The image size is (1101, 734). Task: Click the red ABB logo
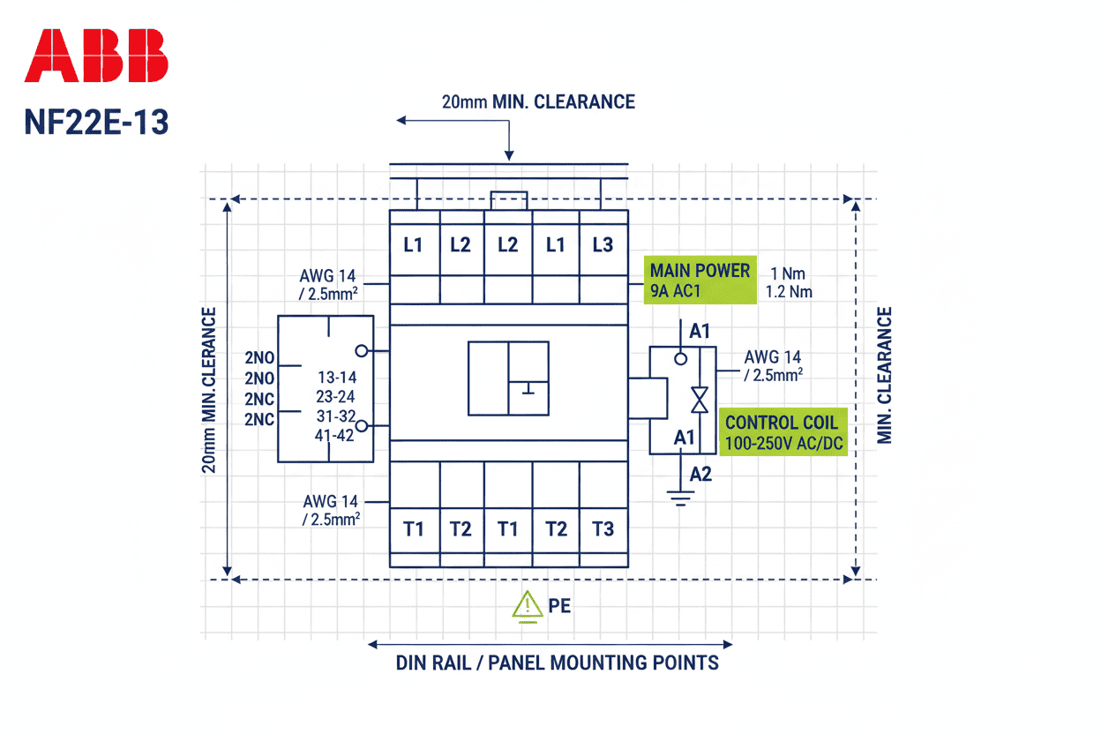pos(96,56)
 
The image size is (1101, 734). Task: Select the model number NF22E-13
pos(96,122)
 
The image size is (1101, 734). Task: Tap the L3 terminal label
pos(603,245)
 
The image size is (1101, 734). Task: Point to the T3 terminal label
pos(603,529)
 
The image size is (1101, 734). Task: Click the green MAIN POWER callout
pos(700,280)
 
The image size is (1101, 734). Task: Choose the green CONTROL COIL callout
pos(783,431)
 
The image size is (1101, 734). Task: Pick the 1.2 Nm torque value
pos(789,291)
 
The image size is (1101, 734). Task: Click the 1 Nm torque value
pos(787,273)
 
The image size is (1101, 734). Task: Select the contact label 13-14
pos(335,378)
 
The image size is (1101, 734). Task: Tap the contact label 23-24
pos(335,397)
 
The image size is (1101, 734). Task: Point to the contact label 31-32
pos(335,416)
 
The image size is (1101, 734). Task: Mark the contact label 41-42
pos(335,434)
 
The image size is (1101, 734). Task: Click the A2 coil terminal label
pos(700,475)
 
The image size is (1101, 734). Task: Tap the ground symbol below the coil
pos(680,499)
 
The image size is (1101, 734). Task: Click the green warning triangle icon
pos(528,605)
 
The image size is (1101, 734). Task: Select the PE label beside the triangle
pos(559,607)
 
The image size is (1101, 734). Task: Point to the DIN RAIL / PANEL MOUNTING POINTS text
pos(558,663)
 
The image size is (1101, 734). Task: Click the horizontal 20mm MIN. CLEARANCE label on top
pos(538,102)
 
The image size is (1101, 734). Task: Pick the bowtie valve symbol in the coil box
pos(700,400)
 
